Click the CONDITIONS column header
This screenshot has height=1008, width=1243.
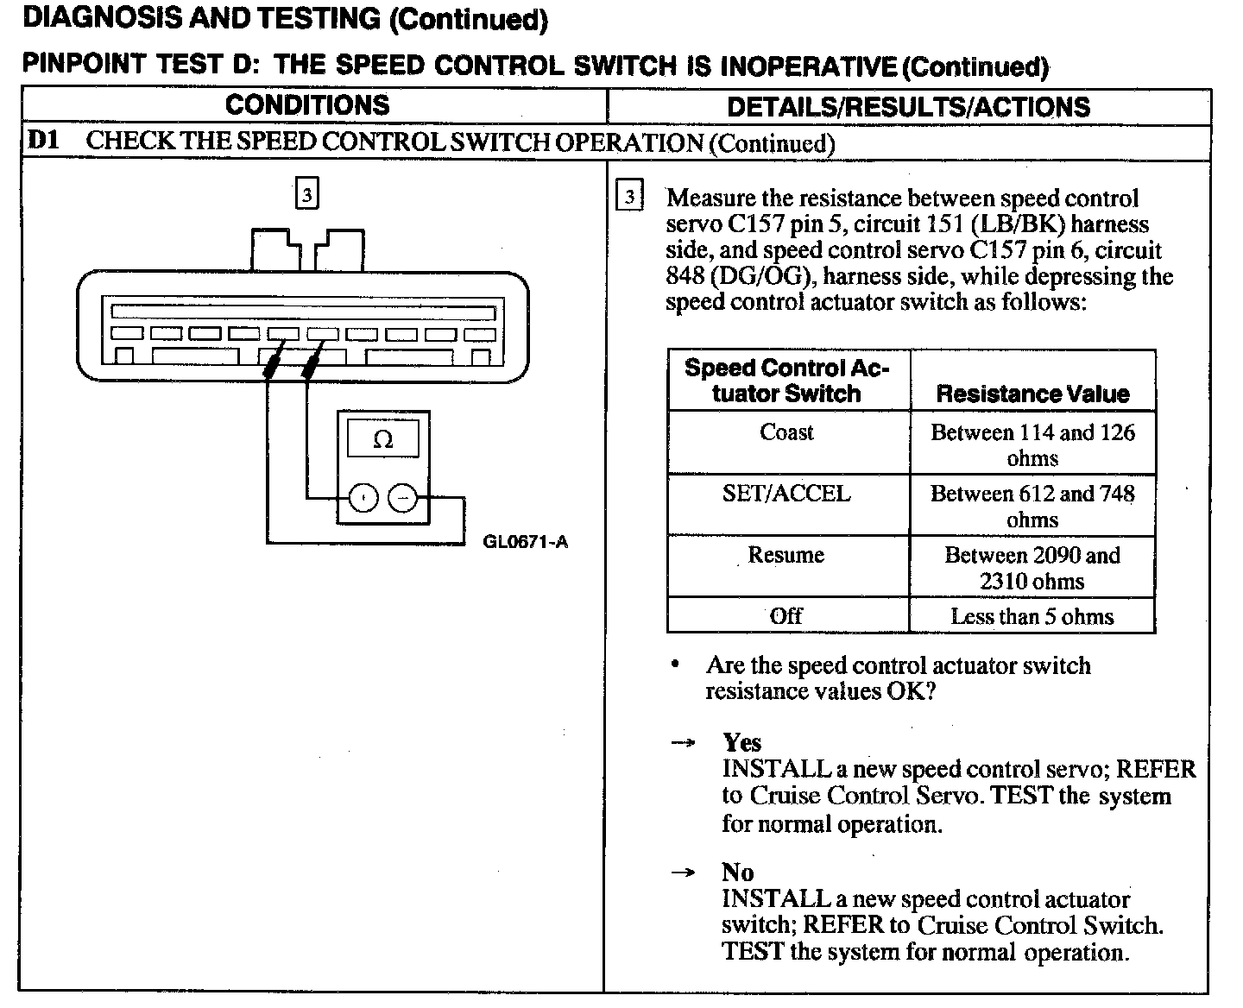tap(307, 105)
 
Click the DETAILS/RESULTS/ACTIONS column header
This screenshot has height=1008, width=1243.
tap(908, 107)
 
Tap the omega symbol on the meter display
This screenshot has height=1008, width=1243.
tap(382, 439)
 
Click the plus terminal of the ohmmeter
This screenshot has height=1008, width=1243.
tap(363, 498)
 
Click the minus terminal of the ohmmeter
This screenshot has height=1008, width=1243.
tap(402, 498)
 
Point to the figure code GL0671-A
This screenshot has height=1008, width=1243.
tap(526, 542)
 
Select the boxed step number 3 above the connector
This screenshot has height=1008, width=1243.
tap(307, 193)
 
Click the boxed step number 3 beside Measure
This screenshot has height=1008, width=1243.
tap(629, 198)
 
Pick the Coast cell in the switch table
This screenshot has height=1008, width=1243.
tap(786, 432)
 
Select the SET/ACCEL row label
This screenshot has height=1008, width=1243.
tap(786, 493)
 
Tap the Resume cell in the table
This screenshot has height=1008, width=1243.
tap(786, 554)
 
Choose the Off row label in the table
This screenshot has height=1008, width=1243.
tap(786, 615)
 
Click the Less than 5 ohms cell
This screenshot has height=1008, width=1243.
tap(1032, 616)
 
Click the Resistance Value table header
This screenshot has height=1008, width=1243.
tap(1032, 394)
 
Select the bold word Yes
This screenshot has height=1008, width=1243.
tap(742, 742)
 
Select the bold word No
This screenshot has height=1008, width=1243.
tap(738, 872)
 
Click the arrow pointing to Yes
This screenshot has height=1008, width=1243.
tap(683, 743)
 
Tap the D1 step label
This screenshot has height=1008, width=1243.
tap(43, 140)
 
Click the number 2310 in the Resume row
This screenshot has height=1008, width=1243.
tap(1005, 581)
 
